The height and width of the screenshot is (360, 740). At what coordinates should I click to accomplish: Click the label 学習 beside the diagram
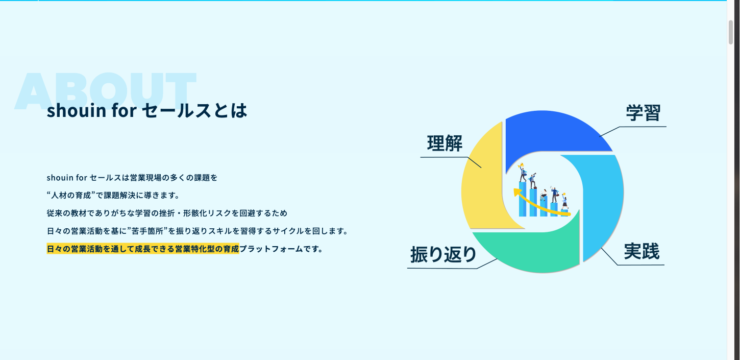coord(643,113)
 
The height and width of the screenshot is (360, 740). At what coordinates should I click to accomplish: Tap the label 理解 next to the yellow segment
coord(445,143)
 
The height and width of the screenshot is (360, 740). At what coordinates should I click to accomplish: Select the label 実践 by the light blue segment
coord(642,251)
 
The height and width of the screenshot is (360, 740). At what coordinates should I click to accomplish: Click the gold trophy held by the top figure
coord(521,166)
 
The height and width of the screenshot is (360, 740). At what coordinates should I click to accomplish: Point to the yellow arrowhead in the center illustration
coord(516,193)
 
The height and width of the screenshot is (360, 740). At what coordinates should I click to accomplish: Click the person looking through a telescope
coord(533,181)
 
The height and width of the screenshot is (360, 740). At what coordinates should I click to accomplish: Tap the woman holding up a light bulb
coord(564,201)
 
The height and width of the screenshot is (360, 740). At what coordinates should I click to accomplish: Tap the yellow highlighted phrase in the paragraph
coord(143,249)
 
